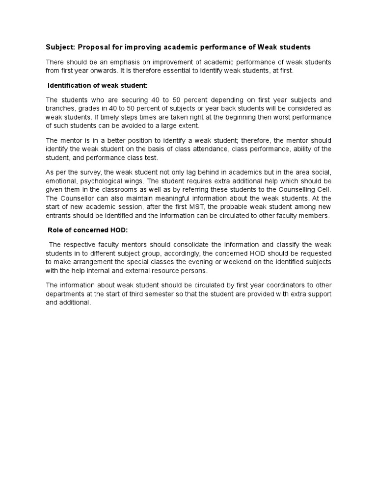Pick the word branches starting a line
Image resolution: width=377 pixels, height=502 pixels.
[60, 109]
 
